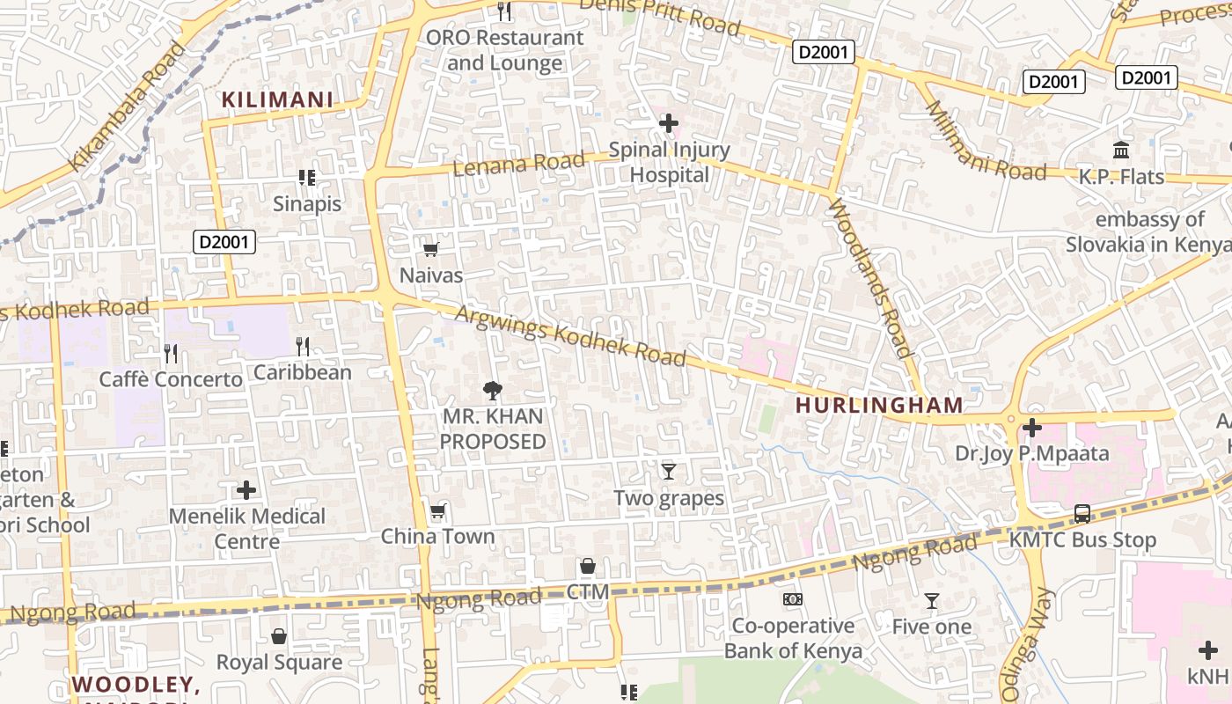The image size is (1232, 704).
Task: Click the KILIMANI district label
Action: point(277,100)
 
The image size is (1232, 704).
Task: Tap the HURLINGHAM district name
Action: point(879,406)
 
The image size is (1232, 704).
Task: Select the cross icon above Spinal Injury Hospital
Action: point(669,123)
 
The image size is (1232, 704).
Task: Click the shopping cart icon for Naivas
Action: point(431,250)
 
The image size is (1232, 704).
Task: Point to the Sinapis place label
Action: point(306,203)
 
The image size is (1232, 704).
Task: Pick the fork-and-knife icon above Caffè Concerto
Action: point(171,354)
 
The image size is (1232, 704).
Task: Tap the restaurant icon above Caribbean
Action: point(303,347)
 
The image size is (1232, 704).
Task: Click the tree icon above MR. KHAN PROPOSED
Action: point(493,390)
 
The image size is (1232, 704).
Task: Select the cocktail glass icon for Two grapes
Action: point(669,472)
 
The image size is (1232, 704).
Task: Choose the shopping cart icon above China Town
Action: point(437,511)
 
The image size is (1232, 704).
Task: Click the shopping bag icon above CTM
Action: point(588,566)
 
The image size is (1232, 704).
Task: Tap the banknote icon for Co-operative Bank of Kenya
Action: point(793,599)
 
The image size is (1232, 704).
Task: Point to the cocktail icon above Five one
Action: point(932,601)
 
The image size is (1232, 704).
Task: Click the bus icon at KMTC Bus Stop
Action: point(1082,514)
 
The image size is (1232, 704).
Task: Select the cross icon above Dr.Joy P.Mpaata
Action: point(1032,429)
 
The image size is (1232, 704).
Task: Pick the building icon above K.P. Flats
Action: point(1121,150)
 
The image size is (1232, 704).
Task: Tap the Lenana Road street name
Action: point(518,163)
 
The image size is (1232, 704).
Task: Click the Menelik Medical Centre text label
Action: point(247,528)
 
